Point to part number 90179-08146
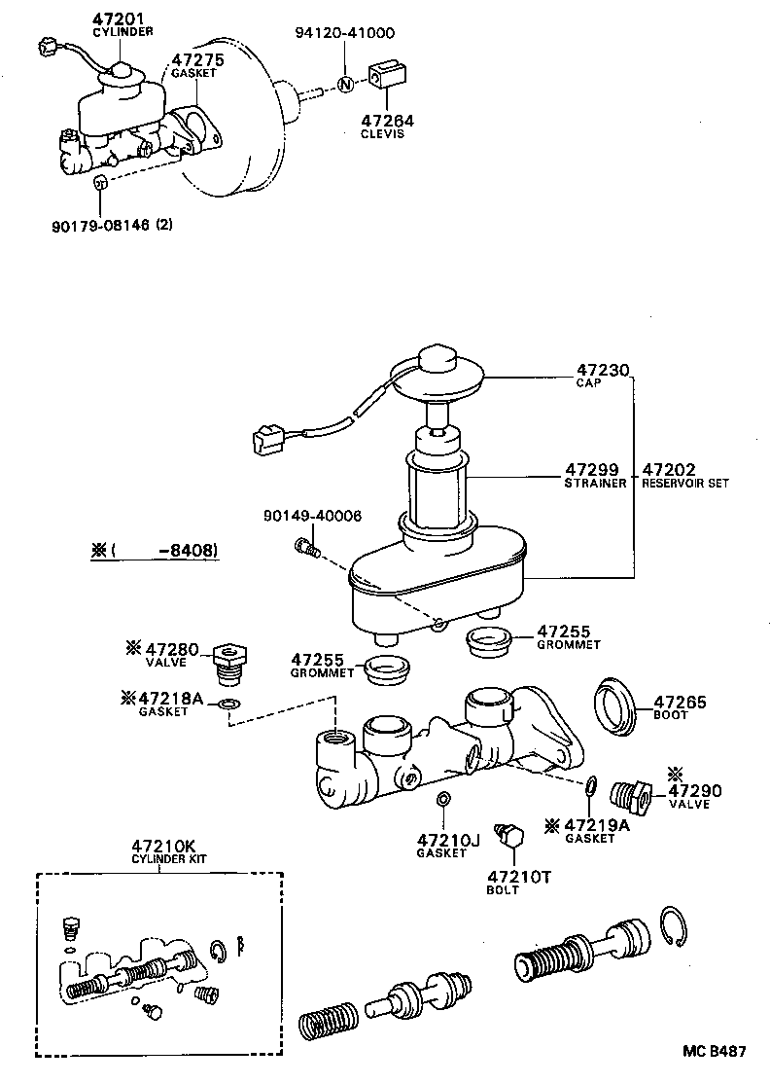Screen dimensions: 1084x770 tap(99, 225)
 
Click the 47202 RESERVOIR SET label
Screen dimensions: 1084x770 tap(683, 474)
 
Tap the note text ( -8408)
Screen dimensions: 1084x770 tap(156, 552)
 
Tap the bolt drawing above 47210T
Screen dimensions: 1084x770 tap(509, 835)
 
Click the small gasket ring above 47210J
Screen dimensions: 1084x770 tap(442, 800)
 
